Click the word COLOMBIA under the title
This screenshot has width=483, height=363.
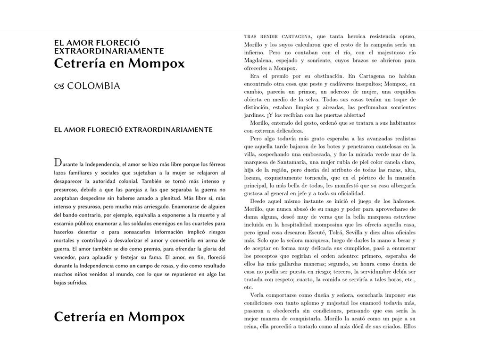(93, 86)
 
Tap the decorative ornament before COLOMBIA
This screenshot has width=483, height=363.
(59, 86)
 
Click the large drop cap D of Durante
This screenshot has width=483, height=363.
(58, 162)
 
